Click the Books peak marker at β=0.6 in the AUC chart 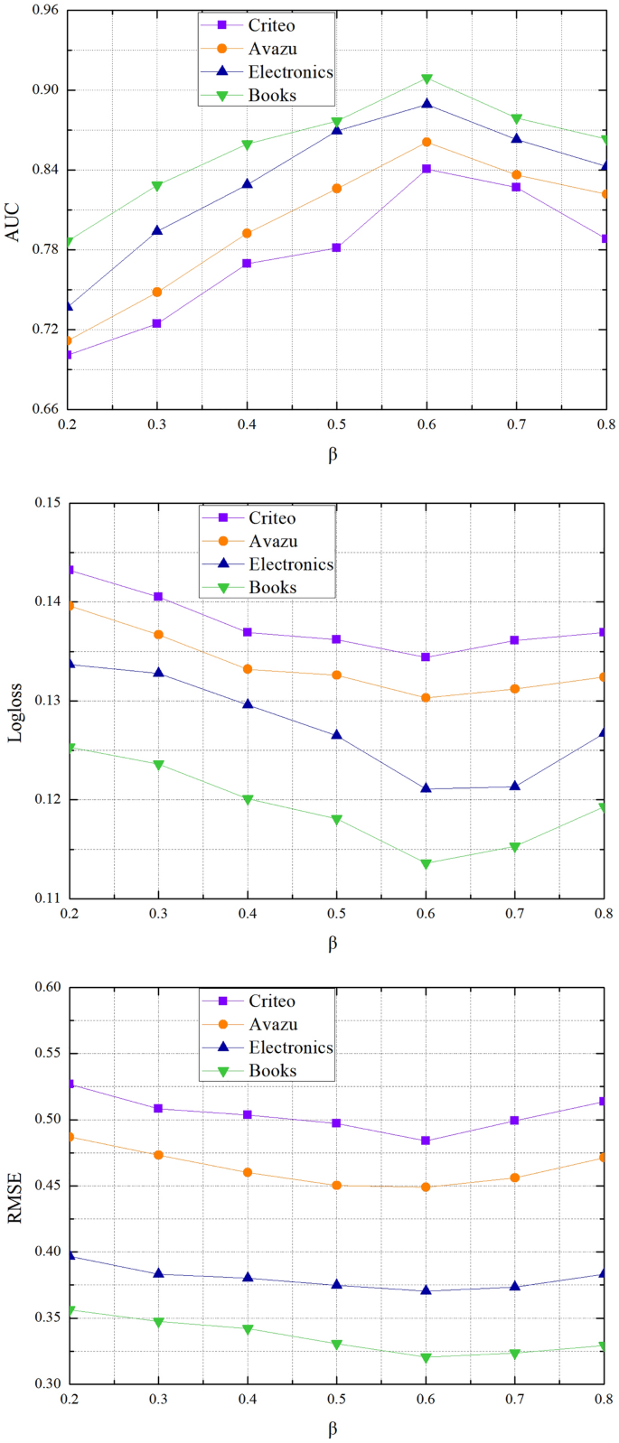[427, 79]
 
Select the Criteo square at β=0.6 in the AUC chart [427, 169]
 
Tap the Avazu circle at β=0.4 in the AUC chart [247, 233]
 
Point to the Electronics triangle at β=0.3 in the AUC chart [157, 230]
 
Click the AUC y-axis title [13, 220]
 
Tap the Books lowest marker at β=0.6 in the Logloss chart [427, 864]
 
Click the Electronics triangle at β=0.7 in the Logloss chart [516, 786]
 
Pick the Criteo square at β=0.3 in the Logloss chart [158, 597]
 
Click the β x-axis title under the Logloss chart [333, 944]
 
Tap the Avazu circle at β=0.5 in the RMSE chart [337, 1186]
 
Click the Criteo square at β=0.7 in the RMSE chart [515, 1121]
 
